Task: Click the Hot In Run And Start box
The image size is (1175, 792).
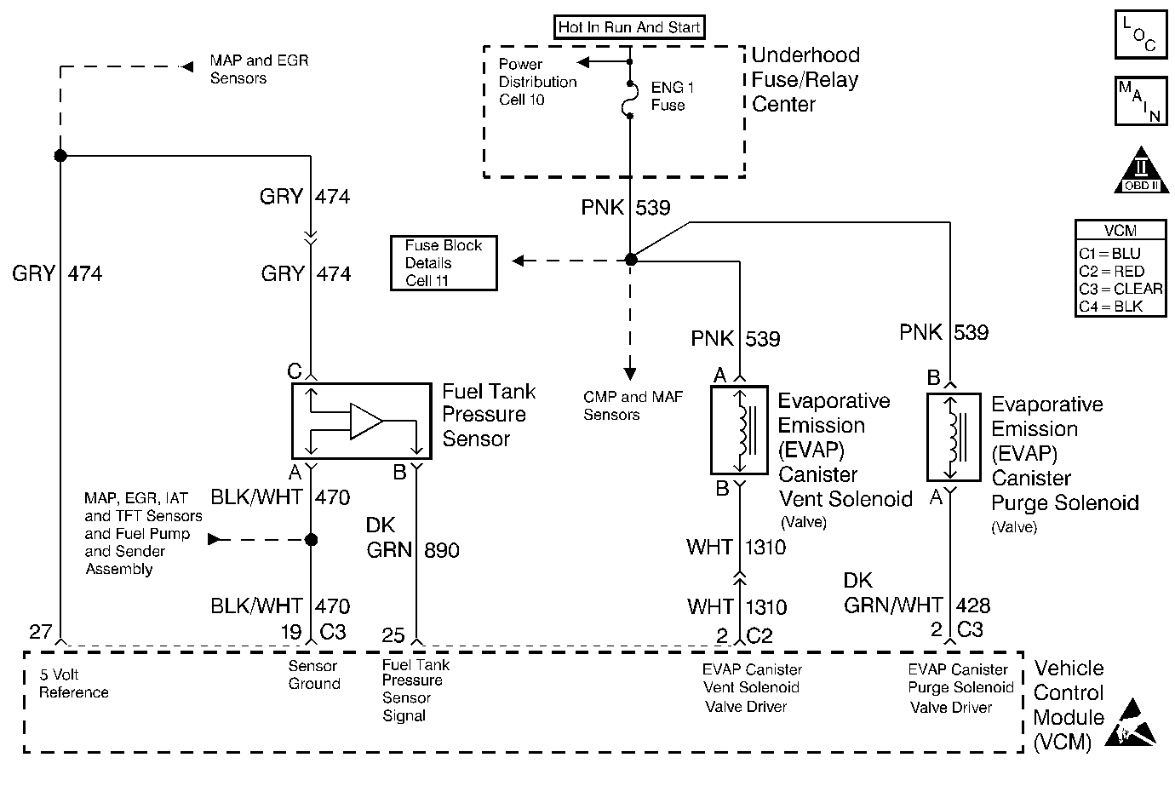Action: (x=629, y=27)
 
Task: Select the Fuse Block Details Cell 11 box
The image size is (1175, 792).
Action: (x=444, y=263)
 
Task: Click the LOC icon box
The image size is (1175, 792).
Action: (x=1139, y=35)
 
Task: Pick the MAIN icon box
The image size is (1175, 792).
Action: (x=1139, y=100)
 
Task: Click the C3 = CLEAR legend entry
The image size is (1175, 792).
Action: (x=1121, y=289)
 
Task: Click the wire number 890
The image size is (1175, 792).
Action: (x=441, y=550)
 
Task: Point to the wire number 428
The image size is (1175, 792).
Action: (x=972, y=605)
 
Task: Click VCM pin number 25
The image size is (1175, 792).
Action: (x=393, y=634)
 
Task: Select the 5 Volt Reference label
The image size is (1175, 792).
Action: (x=74, y=684)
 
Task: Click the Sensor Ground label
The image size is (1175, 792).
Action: (x=313, y=675)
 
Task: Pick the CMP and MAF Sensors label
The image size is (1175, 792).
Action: (x=633, y=406)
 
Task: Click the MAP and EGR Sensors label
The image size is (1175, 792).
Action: (x=259, y=70)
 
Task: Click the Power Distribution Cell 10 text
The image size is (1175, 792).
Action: (x=537, y=82)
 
